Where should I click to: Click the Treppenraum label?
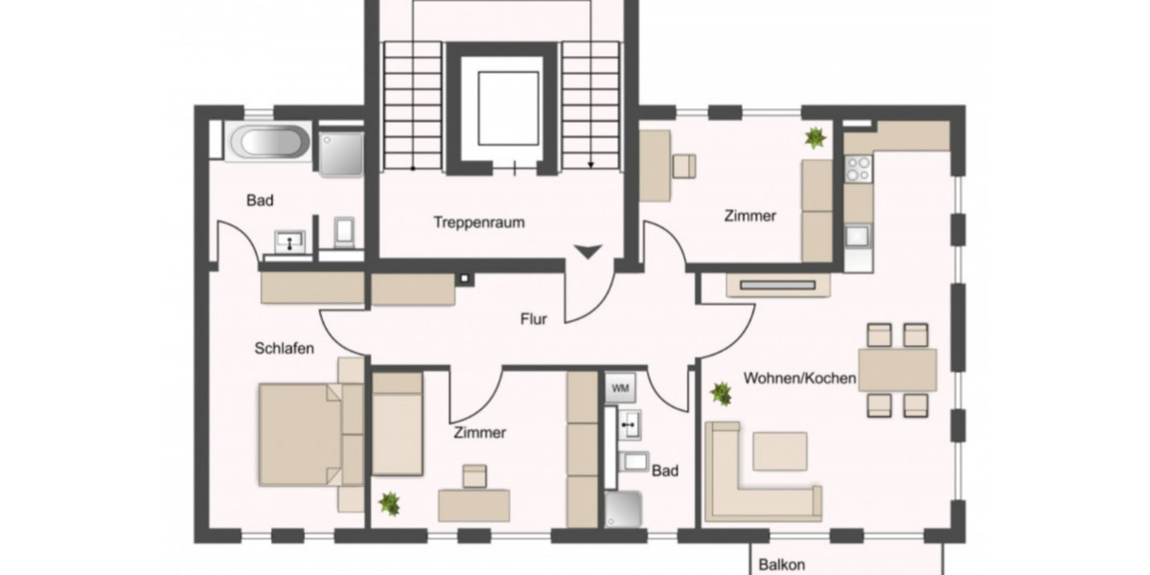point(479,222)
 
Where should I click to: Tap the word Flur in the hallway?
point(534,319)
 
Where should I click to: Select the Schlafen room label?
point(285,349)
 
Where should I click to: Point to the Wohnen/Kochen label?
point(799,379)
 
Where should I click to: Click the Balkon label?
point(781,564)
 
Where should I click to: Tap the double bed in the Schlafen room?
point(302,434)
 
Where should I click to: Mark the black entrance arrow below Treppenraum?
point(587,253)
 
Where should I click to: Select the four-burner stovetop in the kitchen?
point(858,169)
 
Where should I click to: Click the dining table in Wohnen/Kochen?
point(897,370)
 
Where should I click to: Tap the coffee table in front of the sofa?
point(779,450)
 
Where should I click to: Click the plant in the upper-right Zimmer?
point(816,138)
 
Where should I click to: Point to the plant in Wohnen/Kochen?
point(721,392)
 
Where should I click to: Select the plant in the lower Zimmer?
point(389,502)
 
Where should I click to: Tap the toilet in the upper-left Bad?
point(345,231)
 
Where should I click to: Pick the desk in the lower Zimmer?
point(473,504)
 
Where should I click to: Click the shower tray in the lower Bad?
point(624,509)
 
